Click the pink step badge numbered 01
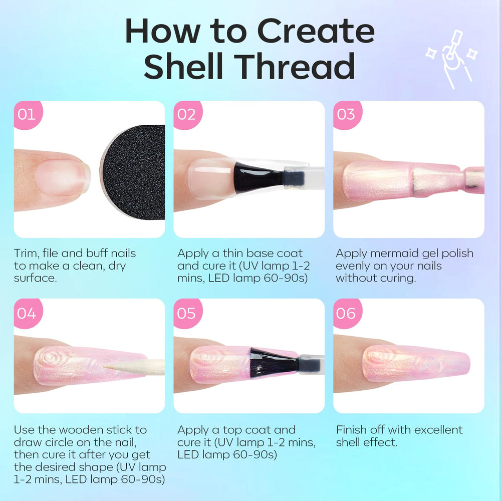pos(28,115)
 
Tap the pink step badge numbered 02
pos(187,115)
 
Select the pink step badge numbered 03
pos(347,115)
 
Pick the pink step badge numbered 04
pos(28,313)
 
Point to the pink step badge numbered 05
pos(187,313)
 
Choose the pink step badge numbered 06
pos(347,313)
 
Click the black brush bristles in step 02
pos(258,177)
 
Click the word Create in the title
pos(316,31)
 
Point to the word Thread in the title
pos(297,66)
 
